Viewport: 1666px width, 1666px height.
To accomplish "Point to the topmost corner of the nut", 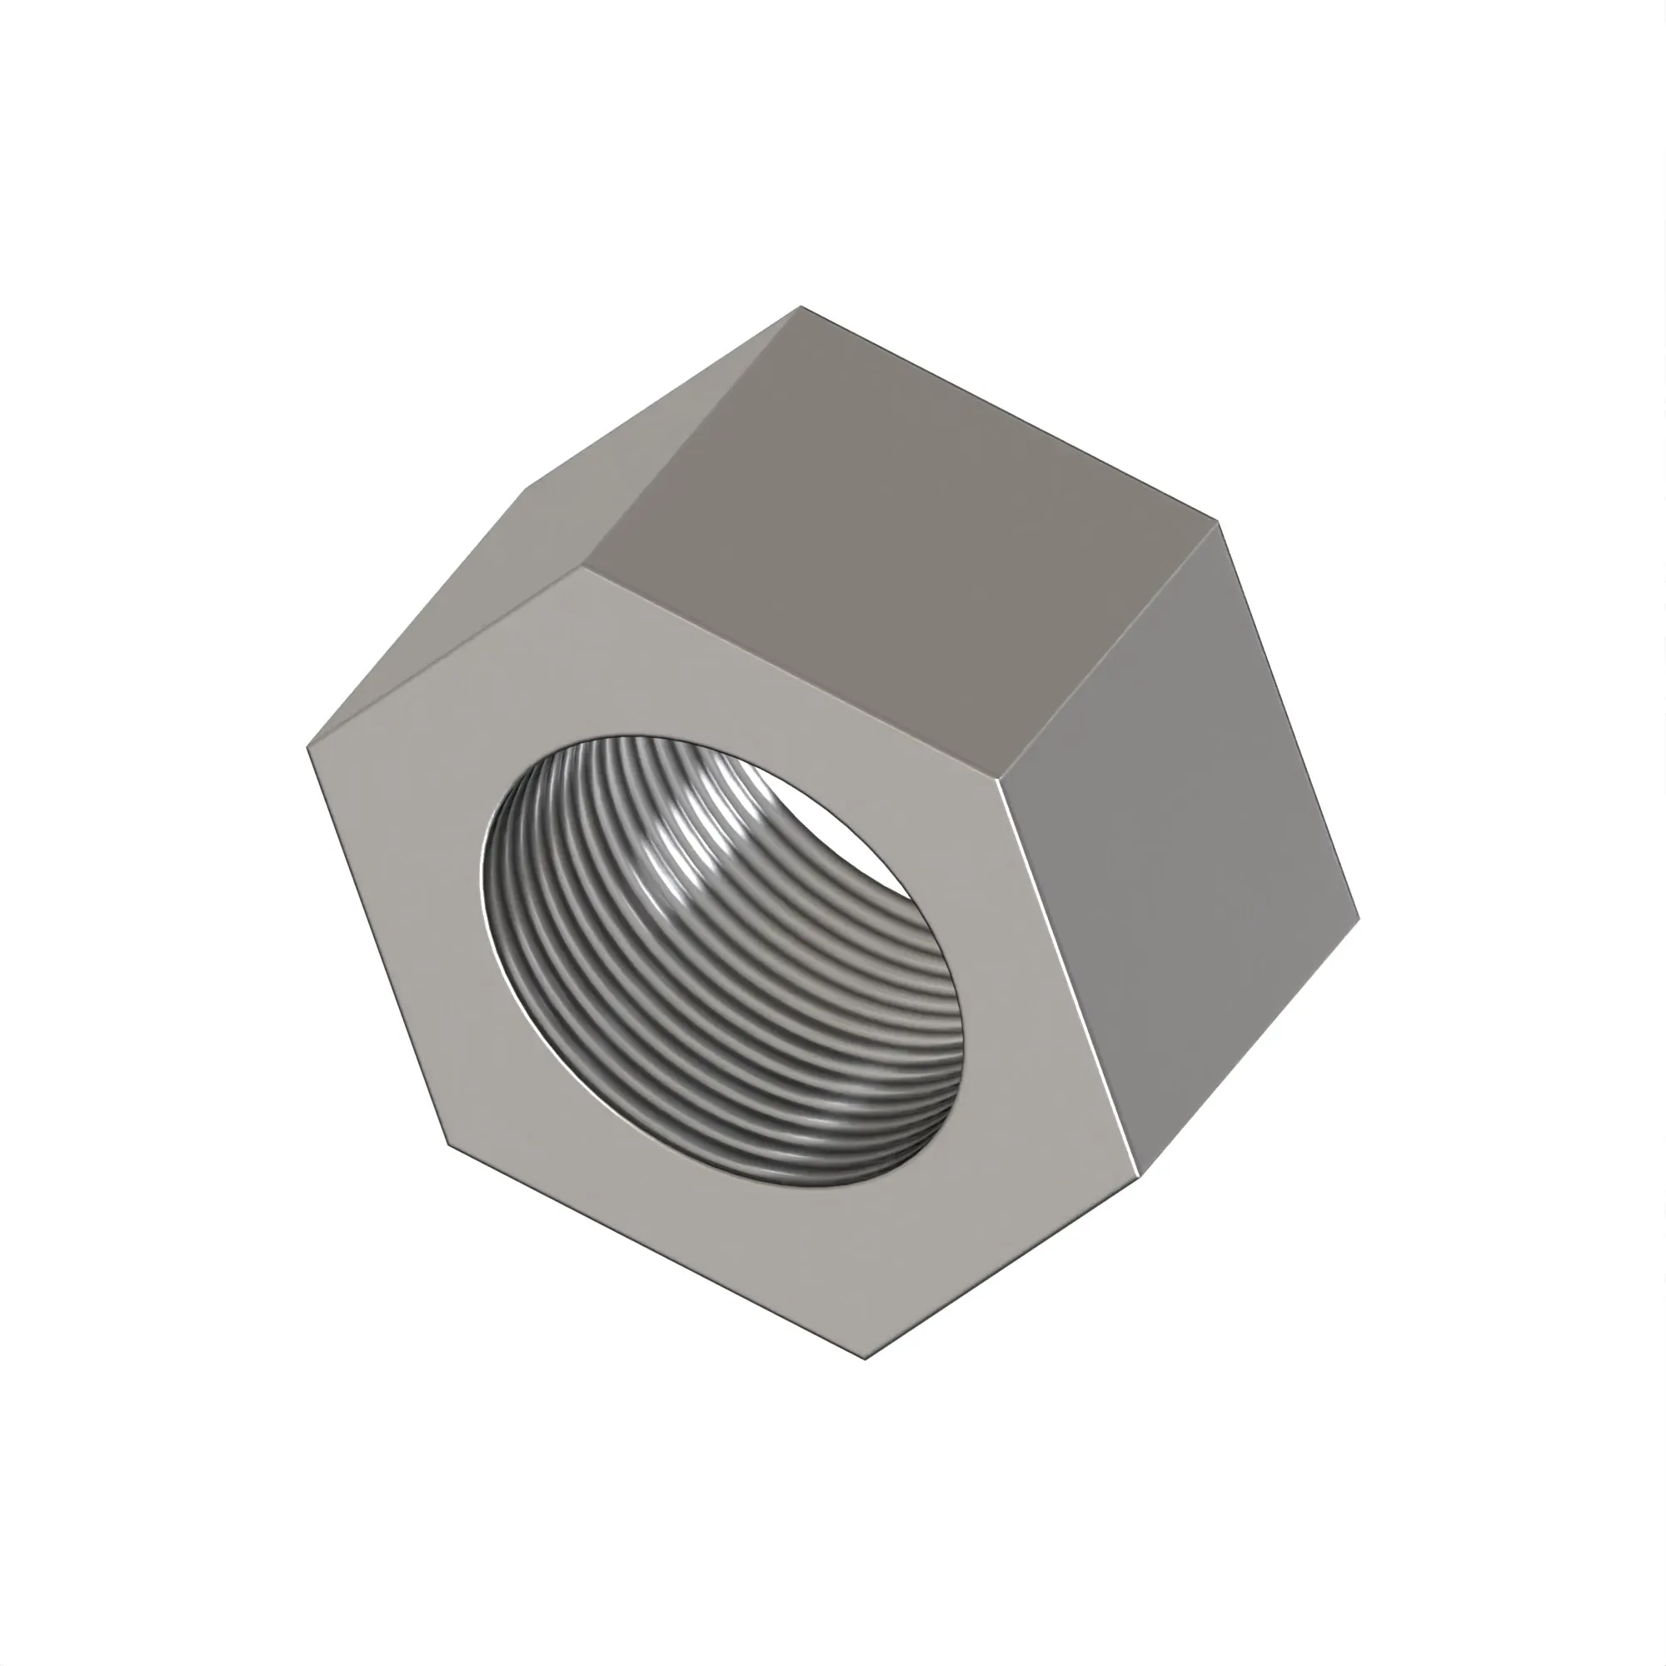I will tap(801, 306).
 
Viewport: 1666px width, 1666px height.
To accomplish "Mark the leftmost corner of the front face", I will tap(308, 746).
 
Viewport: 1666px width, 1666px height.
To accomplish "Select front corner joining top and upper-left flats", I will tap(585, 566).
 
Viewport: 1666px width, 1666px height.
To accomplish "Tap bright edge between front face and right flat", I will tap(1070, 975).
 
